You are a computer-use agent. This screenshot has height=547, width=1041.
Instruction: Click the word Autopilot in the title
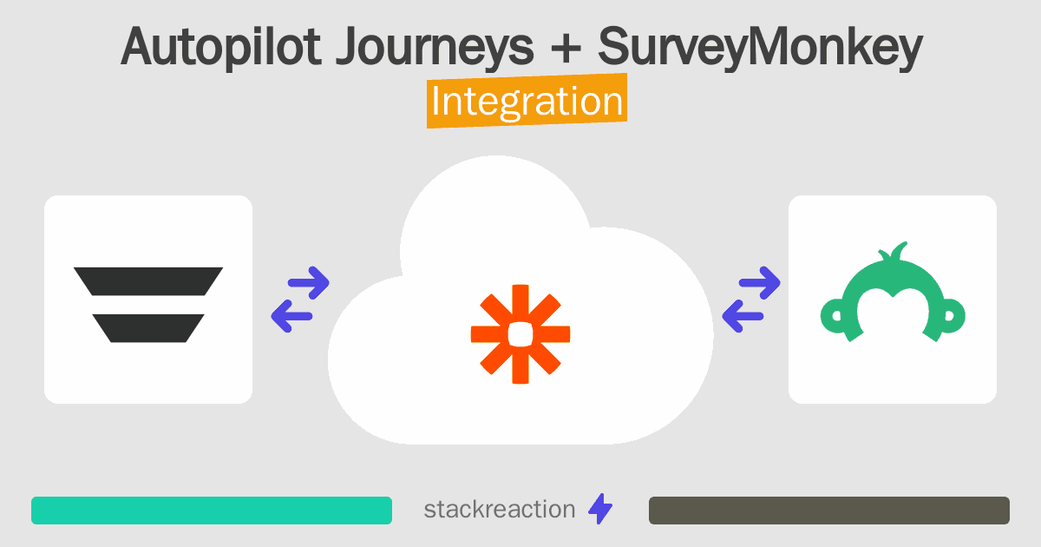pyautogui.click(x=220, y=48)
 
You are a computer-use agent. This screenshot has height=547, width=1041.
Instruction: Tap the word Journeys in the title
pyautogui.click(x=435, y=48)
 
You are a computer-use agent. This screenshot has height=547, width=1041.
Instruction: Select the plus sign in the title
pyautogui.click(x=566, y=48)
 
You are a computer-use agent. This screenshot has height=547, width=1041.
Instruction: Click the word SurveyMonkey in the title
pyautogui.click(x=760, y=48)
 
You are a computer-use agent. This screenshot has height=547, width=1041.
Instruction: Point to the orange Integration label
pyautogui.click(x=527, y=101)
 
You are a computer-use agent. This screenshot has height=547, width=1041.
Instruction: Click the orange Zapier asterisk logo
pyautogui.click(x=520, y=334)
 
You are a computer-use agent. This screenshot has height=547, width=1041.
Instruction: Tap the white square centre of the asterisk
pyautogui.click(x=520, y=334)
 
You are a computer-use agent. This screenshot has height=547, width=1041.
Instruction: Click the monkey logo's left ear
pyautogui.click(x=835, y=316)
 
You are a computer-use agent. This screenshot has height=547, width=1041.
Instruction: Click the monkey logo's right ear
pyautogui.click(x=951, y=316)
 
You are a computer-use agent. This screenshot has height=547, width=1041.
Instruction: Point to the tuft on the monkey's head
pyautogui.click(x=894, y=252)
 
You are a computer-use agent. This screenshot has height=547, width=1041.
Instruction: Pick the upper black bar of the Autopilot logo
pyautogui.click(x=148, y=281)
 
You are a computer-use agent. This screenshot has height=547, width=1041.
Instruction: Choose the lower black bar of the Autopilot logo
pyautogui.click(x=148, y=328)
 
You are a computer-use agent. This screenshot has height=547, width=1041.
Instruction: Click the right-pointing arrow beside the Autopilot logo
pyautogui.click(x=309, y=283)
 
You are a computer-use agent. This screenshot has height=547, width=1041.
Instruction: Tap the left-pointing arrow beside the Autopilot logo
pyautogui.click(x=291, y=316)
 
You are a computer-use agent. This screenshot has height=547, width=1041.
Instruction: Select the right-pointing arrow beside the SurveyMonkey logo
pyautogui.click(x=759, y=283)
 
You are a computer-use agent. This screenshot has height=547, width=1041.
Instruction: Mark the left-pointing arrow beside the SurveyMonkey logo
pyautogui.click(x=743, y=316)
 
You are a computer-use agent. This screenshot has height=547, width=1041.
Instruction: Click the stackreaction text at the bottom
pyautogui.click(x=500, y=510)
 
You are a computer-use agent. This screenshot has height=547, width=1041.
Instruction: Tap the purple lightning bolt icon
pyautogui.click(x=600, y=509)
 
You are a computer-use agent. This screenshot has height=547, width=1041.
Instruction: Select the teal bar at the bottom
pyautogui.click(x=212, y=511)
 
